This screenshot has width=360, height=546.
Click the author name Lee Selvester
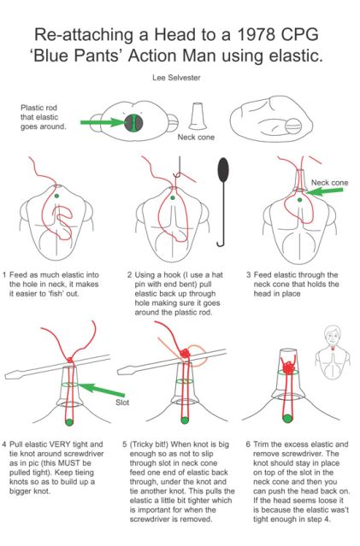click(176, 78)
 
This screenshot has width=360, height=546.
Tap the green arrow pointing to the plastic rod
click(103, 122)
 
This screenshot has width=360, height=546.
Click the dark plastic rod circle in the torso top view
click(133, 122)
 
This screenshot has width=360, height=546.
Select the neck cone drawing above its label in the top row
click(198, 116)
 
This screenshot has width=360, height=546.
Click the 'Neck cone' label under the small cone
click(196, 138)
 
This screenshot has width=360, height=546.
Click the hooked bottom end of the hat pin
click(221, 243)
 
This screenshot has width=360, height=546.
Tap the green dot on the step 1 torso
click(56, 196)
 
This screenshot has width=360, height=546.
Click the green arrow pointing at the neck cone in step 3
click(325, 191)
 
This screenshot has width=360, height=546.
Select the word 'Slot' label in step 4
click(122, 402)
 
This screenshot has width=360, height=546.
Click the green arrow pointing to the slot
click(101, 390)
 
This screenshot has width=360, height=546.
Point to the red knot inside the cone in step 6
click(289, 367)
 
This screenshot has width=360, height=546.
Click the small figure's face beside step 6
click(333, 336)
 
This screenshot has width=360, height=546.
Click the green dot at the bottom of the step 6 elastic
click(287, 418)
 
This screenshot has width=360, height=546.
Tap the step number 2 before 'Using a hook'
click(129, 275)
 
